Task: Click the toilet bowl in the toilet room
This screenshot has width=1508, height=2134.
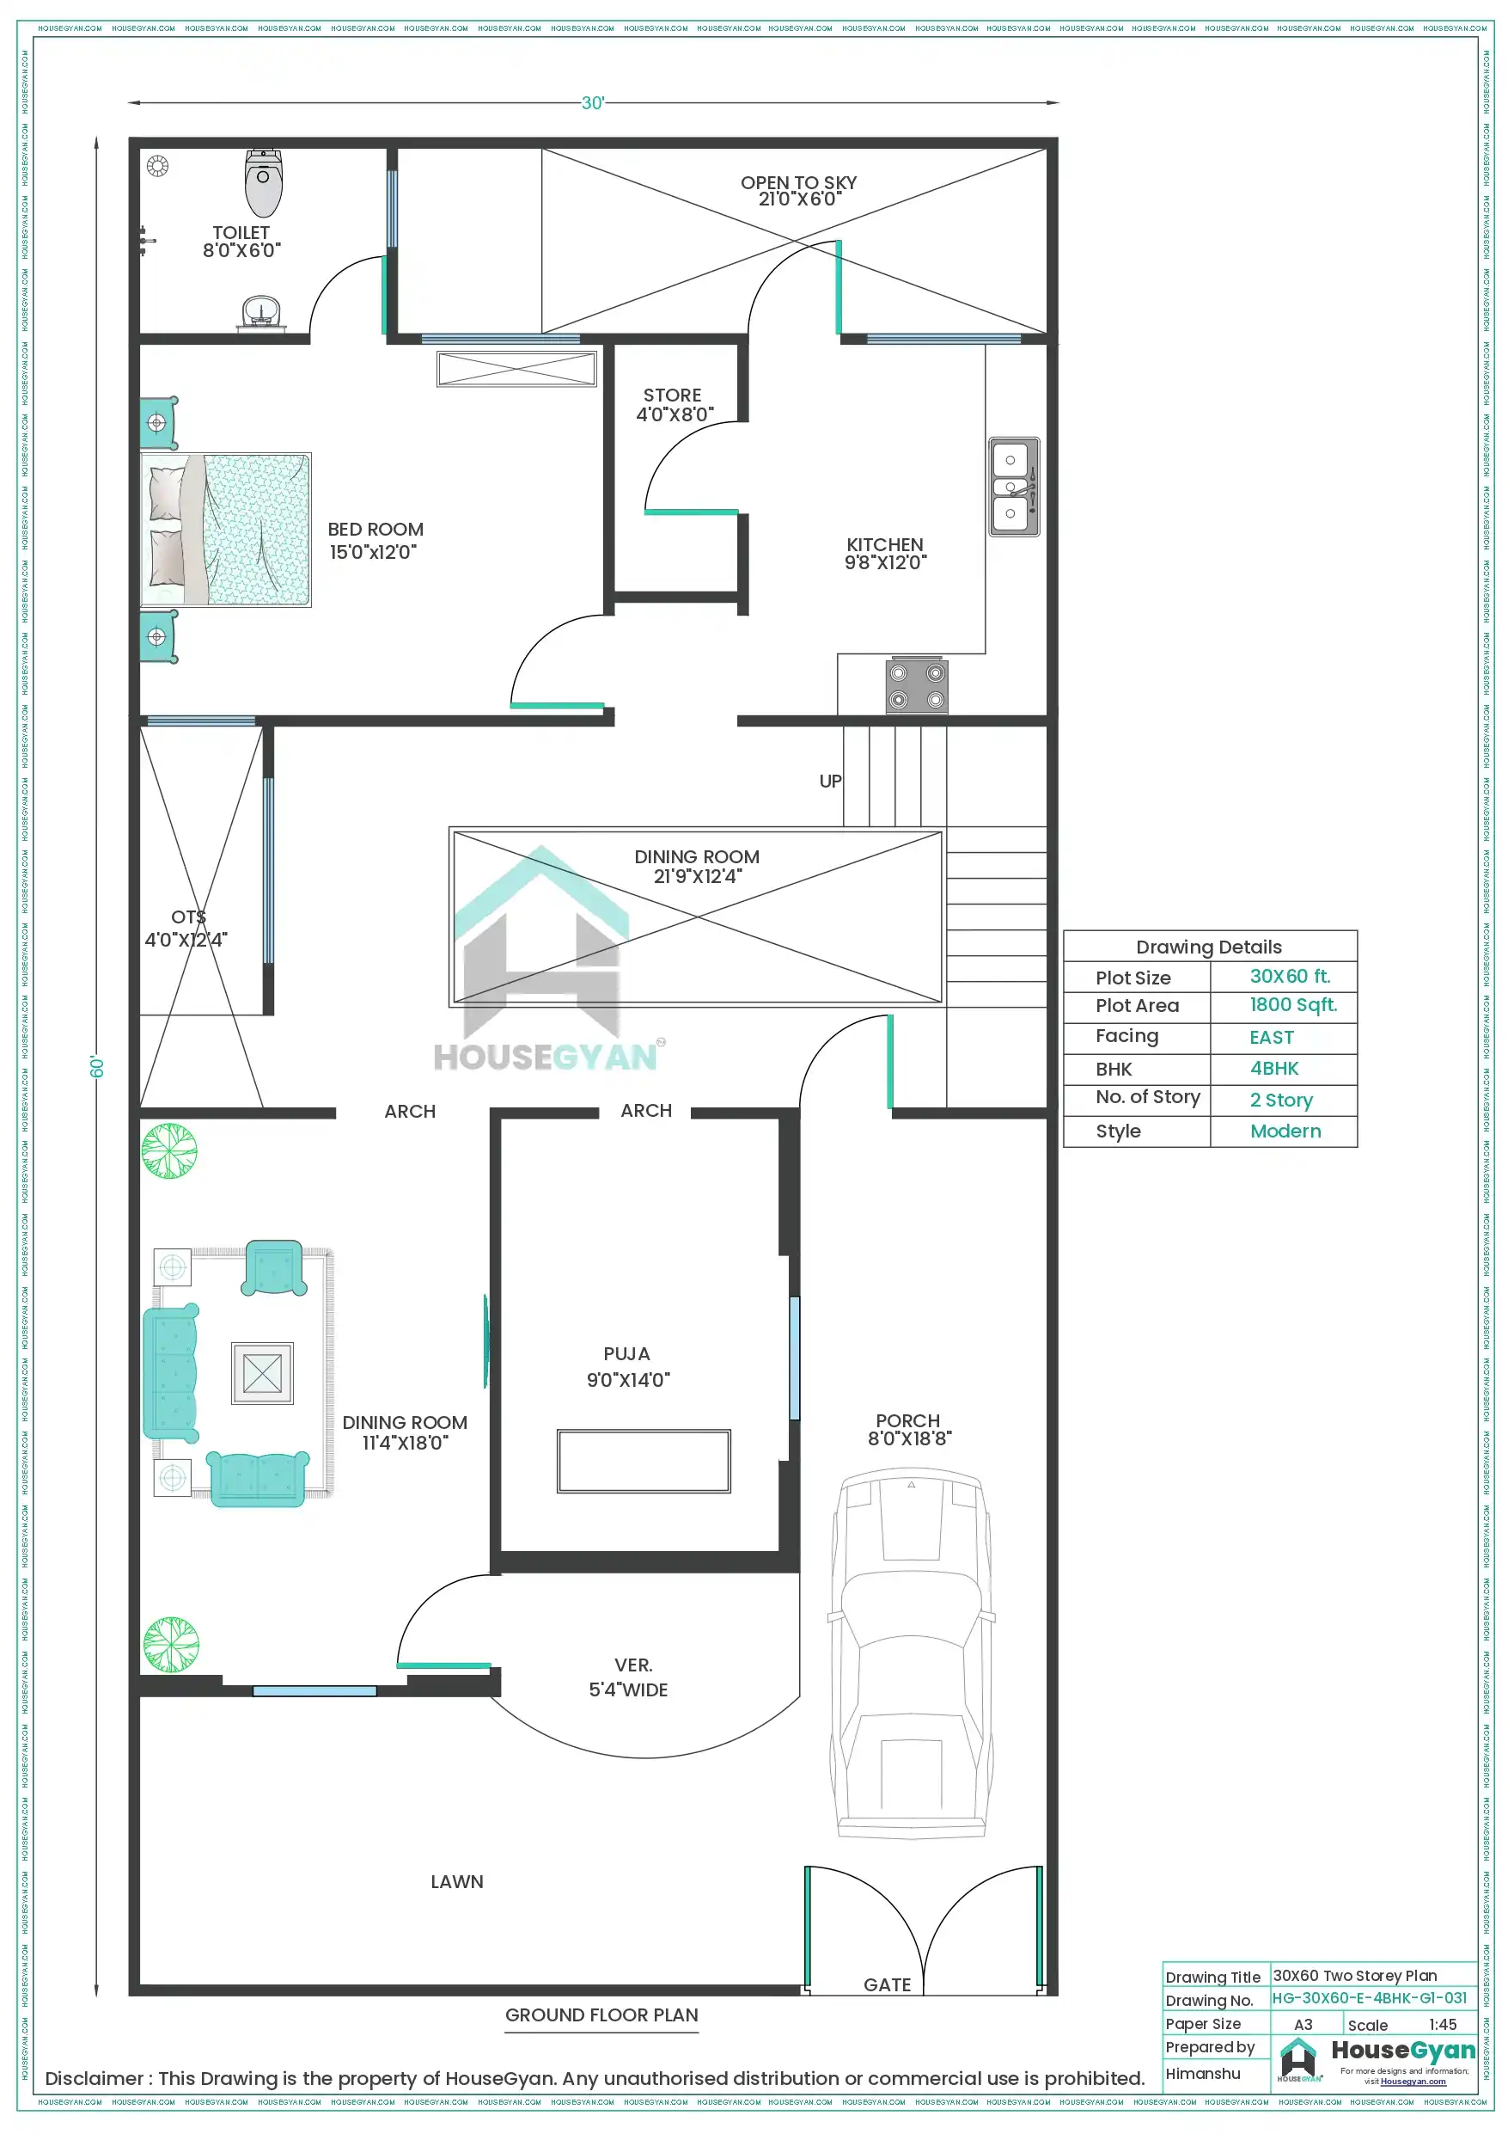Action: pos(264,183)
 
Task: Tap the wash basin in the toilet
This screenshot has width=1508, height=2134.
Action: pos(262,311)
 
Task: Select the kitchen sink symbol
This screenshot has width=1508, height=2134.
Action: pos(1014,486)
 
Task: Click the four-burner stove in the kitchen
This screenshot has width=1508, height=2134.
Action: pos(916,686)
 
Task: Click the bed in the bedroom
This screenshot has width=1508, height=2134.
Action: pos(226,530)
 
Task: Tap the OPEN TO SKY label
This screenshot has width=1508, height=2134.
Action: pos(798,183)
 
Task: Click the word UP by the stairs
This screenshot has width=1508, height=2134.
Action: pos(830,781)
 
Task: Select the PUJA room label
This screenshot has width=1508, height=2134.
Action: pos(626,1354)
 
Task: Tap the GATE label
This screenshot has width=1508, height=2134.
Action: pos(887,1984)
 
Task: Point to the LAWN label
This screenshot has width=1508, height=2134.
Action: pos(456,1881)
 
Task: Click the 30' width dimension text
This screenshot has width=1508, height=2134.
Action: pos(593,103)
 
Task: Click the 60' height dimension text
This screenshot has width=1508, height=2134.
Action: pos(96,1066)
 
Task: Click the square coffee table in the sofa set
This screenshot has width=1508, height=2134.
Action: pos(262,1373)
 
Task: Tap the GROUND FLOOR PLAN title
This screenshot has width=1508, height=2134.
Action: pos(601,2015)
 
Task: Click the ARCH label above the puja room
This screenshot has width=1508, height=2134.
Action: pos(646,1111)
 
